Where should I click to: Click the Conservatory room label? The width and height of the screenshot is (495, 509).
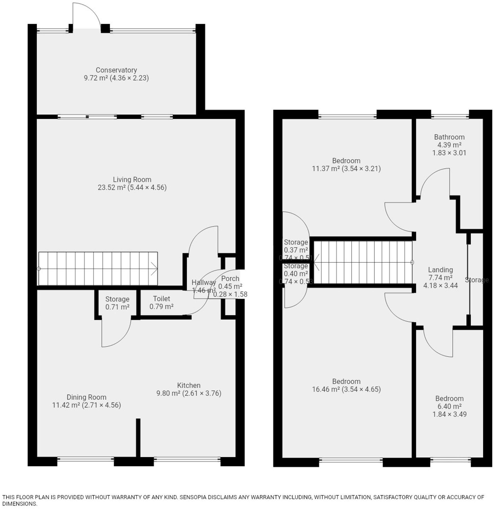coord(116,70)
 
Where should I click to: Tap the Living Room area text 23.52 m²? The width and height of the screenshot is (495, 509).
coord(111,188)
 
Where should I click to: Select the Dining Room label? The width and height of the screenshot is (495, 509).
coord(86,397)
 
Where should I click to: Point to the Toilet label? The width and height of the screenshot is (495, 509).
coord(161,299)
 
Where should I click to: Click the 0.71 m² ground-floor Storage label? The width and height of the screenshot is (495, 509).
coord(117,307)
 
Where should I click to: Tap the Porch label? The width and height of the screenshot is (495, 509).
coord(230,279)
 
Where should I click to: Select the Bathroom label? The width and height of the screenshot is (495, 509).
coord(449,137)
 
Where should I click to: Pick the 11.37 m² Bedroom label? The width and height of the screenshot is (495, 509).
coord(346,161)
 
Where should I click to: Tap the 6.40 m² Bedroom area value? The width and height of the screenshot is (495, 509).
coord(449,406)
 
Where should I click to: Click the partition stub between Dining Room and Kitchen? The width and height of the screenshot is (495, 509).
coord(138,437)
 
